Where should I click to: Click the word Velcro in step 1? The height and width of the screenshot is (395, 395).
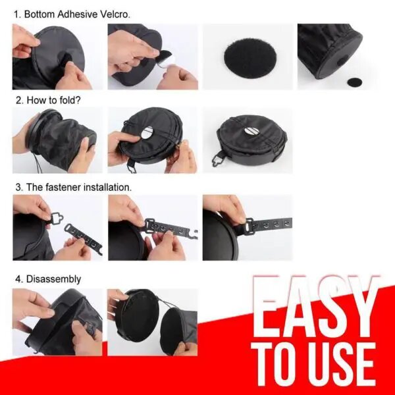[x=115, y=14]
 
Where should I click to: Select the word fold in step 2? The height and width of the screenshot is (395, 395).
[x=68, y=100]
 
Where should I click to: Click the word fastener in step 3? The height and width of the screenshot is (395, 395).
[x=63, y=187]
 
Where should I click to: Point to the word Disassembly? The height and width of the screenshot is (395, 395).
[x=54, y=279]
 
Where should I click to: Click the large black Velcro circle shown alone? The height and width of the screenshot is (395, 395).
[x=250, y=58]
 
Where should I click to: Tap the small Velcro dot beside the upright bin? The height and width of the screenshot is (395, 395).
[x=355, y=82]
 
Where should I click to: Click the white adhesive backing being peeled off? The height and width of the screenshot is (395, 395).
[x=165, y=61]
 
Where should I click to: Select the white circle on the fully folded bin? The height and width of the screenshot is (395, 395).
[x=250, y=131]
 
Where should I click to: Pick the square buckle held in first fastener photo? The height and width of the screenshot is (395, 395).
[x=57, y=217]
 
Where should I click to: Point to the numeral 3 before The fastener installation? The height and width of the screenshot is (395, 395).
[x=18, y=188]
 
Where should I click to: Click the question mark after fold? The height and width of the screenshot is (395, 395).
[x=78, y=100]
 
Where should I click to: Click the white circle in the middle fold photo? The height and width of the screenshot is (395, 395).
[x=147, y=132]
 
